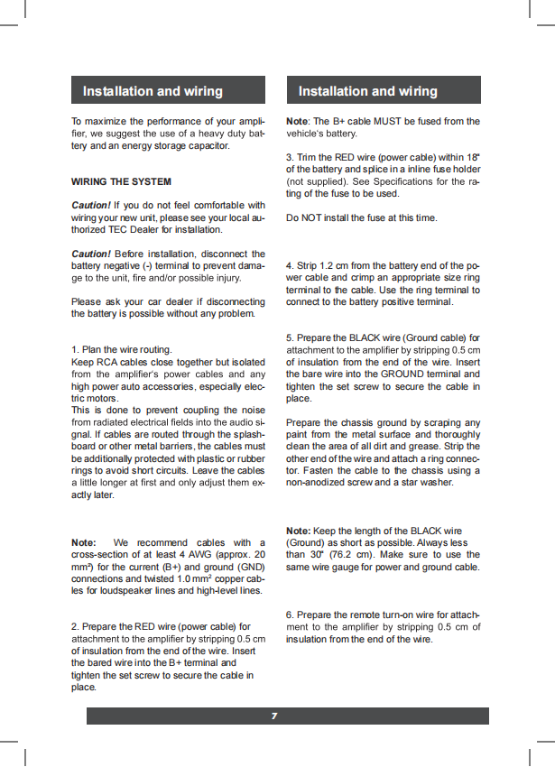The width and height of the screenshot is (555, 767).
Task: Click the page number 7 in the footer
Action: (273, 716)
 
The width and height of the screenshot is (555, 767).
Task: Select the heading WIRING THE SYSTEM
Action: (121, 181)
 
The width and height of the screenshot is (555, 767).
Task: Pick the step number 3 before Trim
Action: (289, 157)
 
